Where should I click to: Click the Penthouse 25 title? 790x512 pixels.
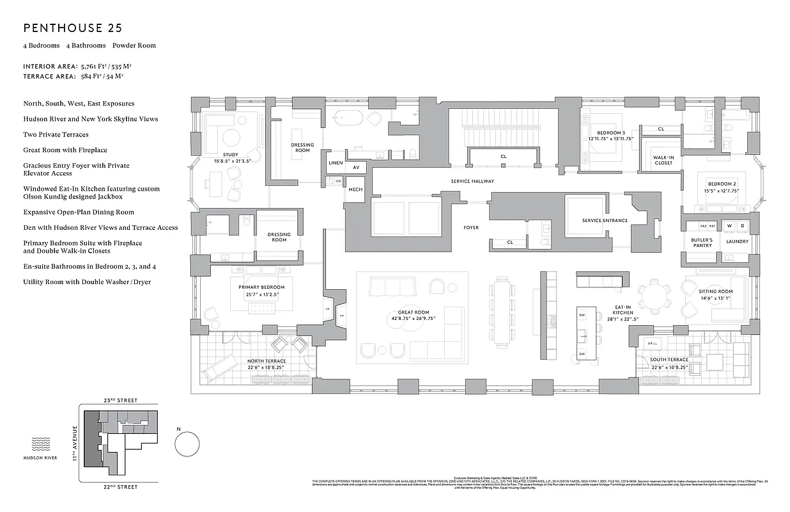(72, 28)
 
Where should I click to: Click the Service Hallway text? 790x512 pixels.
(472, 181)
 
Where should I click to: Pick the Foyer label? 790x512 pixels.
(471, 227)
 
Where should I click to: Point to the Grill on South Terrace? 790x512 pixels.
(653, 344)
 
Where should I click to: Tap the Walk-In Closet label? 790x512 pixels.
(663, 160)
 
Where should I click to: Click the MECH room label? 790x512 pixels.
(355, 190)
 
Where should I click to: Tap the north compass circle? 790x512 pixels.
(186, 443)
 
